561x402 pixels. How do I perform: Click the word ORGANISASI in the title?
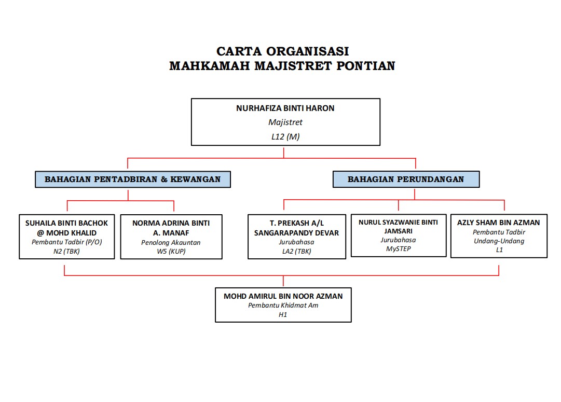pyautogui.click(x=307, y=51)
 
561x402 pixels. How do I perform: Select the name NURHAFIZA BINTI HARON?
pyautogui.click(x=285, y=108)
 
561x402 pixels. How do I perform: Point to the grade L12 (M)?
pyautogui.click(x=285, y=137)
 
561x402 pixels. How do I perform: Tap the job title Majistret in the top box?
pyautogui.click(x=285, y=123)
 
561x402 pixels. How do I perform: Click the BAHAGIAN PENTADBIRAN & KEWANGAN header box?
pyautogui.click(x=133, y=179)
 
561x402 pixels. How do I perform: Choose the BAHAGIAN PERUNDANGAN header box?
pyautogui.click(x=406, y=179)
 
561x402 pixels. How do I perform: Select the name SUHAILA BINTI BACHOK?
pyautogui.click(x=67, y=223)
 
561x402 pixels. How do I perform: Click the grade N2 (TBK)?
pyautogui.click(x=67, y=251)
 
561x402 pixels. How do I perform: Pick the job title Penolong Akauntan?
pyautogui.click(x=171, y=242)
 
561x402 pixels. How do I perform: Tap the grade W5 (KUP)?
pyautogui.click(x=171, y=252)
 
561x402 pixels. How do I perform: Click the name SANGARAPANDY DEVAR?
pyautogui.click(x=296, y=233)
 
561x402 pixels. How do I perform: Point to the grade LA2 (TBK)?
pyautogui.click(x=296, y=252)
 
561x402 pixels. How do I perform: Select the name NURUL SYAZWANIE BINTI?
pyautogui.click(x=398, y=222)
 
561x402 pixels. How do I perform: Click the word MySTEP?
pyautogui.click(x=398, y=249)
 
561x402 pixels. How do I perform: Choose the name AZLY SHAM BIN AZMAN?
pyautogui.click(x=498, y=223)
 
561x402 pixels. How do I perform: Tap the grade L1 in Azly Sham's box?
pyautogui.click(x=498, y=250)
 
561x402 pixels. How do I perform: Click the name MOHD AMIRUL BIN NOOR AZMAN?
pyautogui.click(x=283, y=296)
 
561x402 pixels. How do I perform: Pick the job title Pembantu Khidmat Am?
pyautogui.click(x=283, y=306)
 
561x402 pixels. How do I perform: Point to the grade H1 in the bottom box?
pyautogui.click(x=283, y=314)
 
